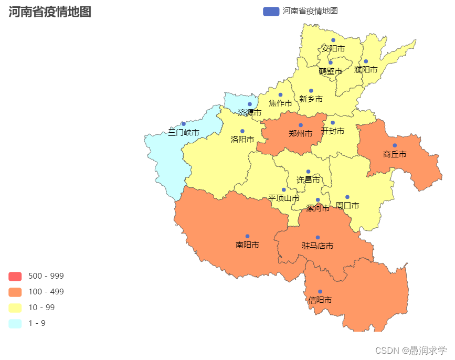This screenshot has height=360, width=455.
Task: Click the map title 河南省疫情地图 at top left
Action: pos(50,12)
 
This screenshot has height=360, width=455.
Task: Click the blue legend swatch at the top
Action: pos(271,11)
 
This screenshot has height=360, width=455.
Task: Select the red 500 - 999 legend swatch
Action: pos(15,276)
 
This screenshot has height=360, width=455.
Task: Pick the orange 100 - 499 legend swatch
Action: pos(15,292)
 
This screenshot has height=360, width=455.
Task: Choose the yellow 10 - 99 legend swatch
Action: pos(15,308)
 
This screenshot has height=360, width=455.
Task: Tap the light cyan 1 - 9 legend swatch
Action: pos(15,323)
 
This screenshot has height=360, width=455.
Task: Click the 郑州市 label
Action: pos(300,134)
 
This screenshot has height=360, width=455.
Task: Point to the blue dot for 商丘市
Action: pos(395,145)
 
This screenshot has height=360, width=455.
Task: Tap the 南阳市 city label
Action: pos(247,245)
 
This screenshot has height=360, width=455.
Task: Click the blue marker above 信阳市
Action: pos(320,291)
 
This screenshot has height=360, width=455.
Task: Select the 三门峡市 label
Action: pos(184,133)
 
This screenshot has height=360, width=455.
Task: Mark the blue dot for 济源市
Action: pos(250,104)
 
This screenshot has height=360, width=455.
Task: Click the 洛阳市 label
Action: pos(242,140)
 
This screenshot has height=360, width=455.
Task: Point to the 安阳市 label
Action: pos(333,48)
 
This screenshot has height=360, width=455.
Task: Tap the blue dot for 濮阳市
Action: pos(366,61)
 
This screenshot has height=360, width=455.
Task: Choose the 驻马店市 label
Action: pos(318,246)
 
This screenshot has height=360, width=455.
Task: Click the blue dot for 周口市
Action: pos(347,197)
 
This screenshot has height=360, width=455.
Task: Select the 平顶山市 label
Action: pos(283,198)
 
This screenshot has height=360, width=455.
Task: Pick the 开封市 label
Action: pos(333,131)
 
